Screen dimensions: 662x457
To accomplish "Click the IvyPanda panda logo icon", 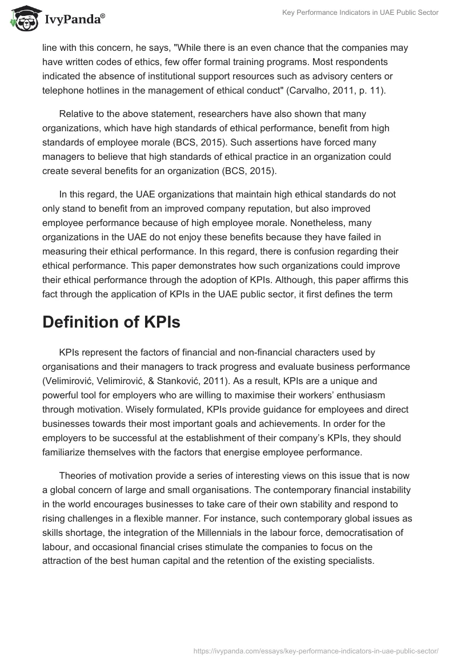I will [22, 18].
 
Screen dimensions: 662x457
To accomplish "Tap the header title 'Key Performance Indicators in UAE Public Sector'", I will [360, 13].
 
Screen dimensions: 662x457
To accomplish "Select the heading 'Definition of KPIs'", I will [111, 322].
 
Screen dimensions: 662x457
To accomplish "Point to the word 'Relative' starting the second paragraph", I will [77, 114].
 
